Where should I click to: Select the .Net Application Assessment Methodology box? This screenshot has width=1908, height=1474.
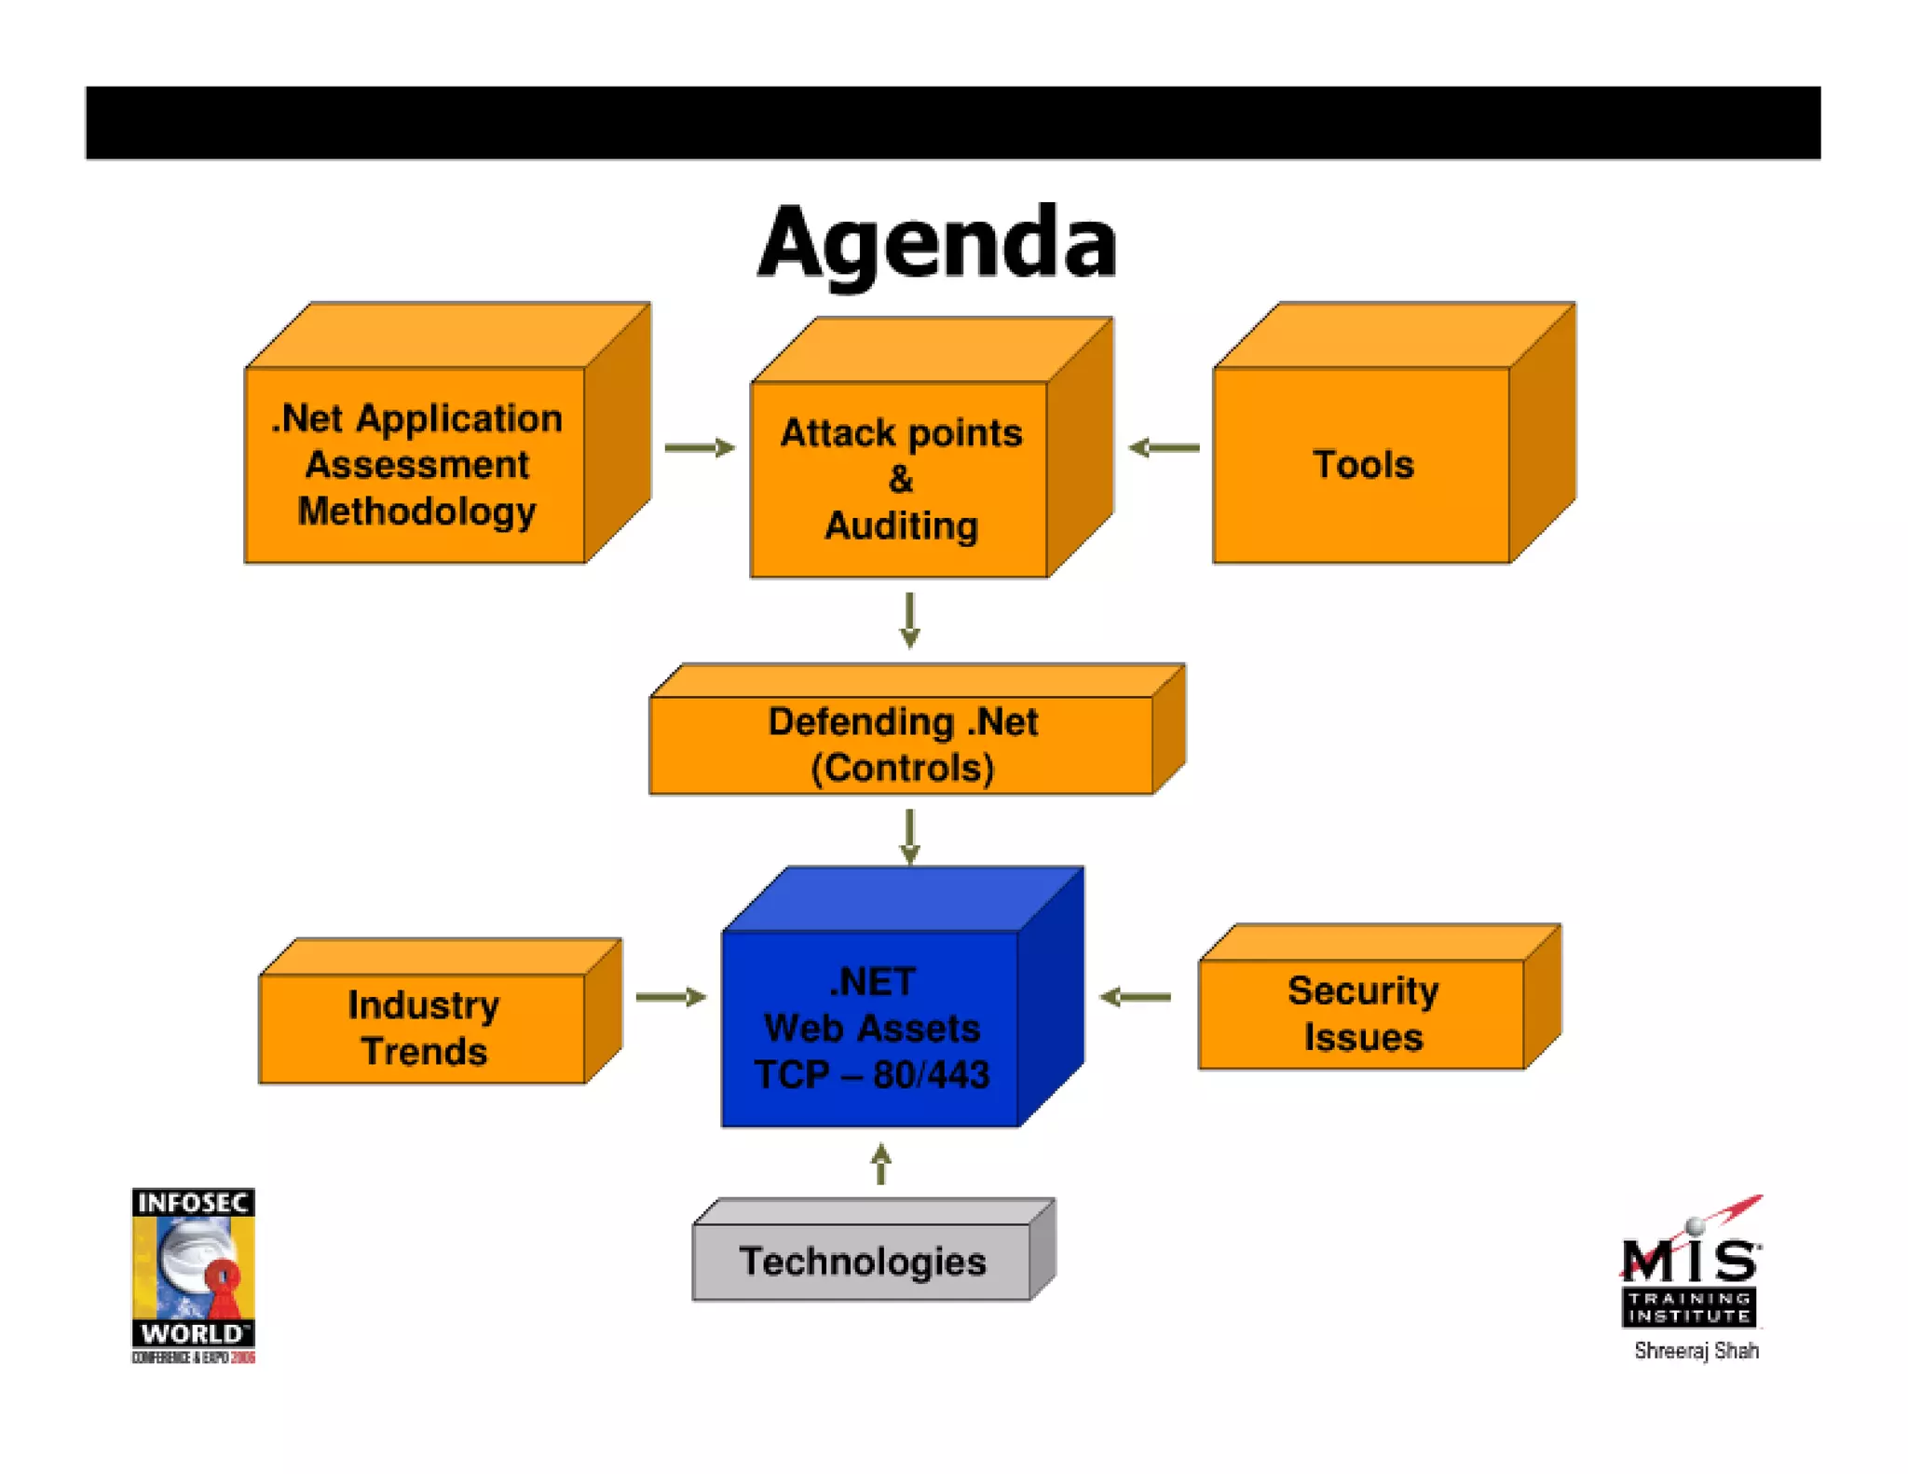click(416, 464)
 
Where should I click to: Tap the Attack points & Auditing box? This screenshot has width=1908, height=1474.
click(901, 479)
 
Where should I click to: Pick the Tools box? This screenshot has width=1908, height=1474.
click(1362, 464)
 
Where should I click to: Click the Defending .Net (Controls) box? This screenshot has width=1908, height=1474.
click(902, 744)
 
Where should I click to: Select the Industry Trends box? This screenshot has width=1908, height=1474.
click(423, 1028)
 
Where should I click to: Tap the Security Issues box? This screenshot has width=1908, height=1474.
click(1362, 1014)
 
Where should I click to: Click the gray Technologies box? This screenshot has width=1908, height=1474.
click(863, 1262)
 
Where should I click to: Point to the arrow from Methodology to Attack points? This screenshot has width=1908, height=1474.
click(699, 448)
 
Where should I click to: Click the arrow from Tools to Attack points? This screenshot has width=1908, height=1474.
click(1164, 448)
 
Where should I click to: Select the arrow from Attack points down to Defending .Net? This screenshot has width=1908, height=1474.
click(910, 620)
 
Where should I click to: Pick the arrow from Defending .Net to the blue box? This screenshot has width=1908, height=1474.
click(910, 836)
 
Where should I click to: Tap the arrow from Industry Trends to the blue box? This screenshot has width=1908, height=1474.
click(670, 997)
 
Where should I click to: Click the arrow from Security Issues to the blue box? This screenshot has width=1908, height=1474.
click(1135, 997)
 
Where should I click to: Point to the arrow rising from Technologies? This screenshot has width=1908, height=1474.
click(881, 1164)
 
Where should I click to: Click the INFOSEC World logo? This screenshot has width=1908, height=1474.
click(193, 1275)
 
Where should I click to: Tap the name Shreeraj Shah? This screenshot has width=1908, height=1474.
click(1696, 1350)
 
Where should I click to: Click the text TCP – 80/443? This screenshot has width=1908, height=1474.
click(871, 1075)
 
